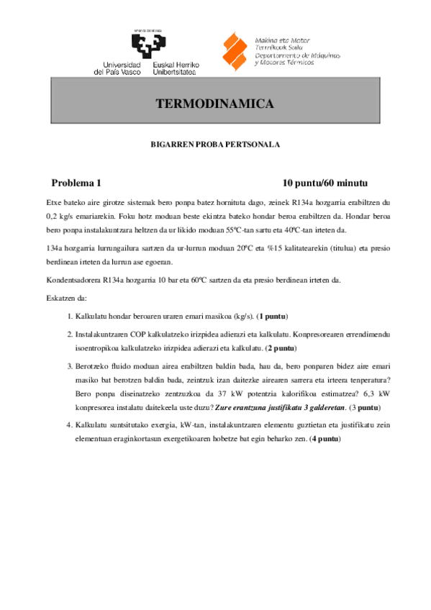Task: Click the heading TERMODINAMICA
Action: pyautogui.click(x=215, y=104)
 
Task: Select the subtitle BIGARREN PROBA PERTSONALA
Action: pyautogui.click(x=215, y=145)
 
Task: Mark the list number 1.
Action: pyautogui.click(x=69, y=316)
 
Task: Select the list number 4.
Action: pyautogui.click(x=69, y=424)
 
